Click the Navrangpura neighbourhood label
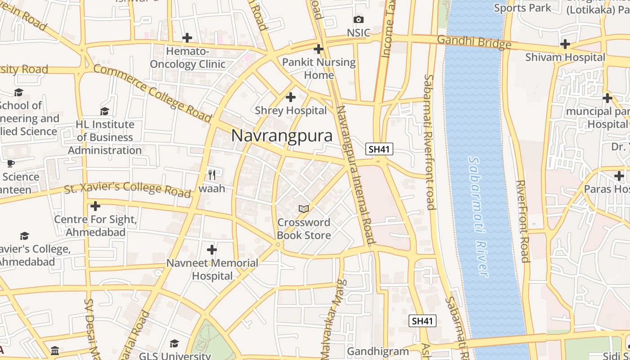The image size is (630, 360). pyautogui.click(x=282, y=136)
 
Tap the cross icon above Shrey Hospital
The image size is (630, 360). pyautogui.click(x=291, y=97)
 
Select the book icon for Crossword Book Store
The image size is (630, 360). pyautogui.click(x=304, y=209)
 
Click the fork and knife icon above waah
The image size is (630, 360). pyautogui.click(x=212, y=175)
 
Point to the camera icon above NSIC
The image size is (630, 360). pyautogui.click(x=359, y=19)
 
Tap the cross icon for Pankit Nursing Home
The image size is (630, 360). pyautogui.click(x=319, y=49)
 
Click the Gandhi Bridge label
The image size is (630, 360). pyautogui.click(x=474, y=42)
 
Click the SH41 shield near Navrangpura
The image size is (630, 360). pyautogui.click(x=379, y=149)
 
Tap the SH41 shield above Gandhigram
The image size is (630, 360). pyautogui.click(x=423, y=321)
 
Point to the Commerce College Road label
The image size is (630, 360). pyautogui.click(x=152, y=94)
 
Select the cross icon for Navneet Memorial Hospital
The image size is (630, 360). pyautogui.click(x=212, y=249)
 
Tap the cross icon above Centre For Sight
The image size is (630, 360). pyautogui.click(x=95, y=206)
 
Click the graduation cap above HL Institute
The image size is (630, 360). pyautogui.click(x=105, y=111)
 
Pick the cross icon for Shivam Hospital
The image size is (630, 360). pyautogui.click(x=565, y=44)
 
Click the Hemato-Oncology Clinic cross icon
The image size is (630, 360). pyautogui.click(x=187, y=38)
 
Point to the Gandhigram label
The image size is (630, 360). pyautogui.click(x=378, y=351)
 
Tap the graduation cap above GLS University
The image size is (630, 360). pyautogui.click(x=174, y=344)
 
